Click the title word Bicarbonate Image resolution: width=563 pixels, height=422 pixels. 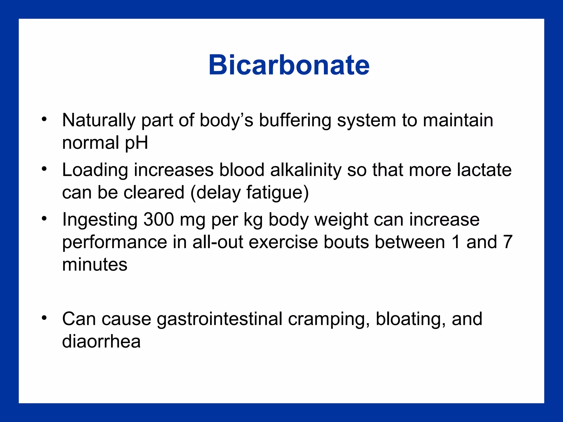tap(289, 65)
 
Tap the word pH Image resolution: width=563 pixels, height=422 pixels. tap(136, 143)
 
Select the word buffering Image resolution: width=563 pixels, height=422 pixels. tap(295, 120)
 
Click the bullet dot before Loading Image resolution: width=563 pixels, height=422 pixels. tap(44, 169)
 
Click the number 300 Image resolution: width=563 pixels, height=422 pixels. tap(159, 220)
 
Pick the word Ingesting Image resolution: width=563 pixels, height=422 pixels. tap(100, 220)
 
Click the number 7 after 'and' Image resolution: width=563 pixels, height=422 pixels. tap(507, 242)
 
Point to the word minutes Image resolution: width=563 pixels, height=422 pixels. tap(95, 265)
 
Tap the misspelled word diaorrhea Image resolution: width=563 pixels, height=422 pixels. tap(101, 342)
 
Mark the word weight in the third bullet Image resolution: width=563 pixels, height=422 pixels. tap(341, 220)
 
